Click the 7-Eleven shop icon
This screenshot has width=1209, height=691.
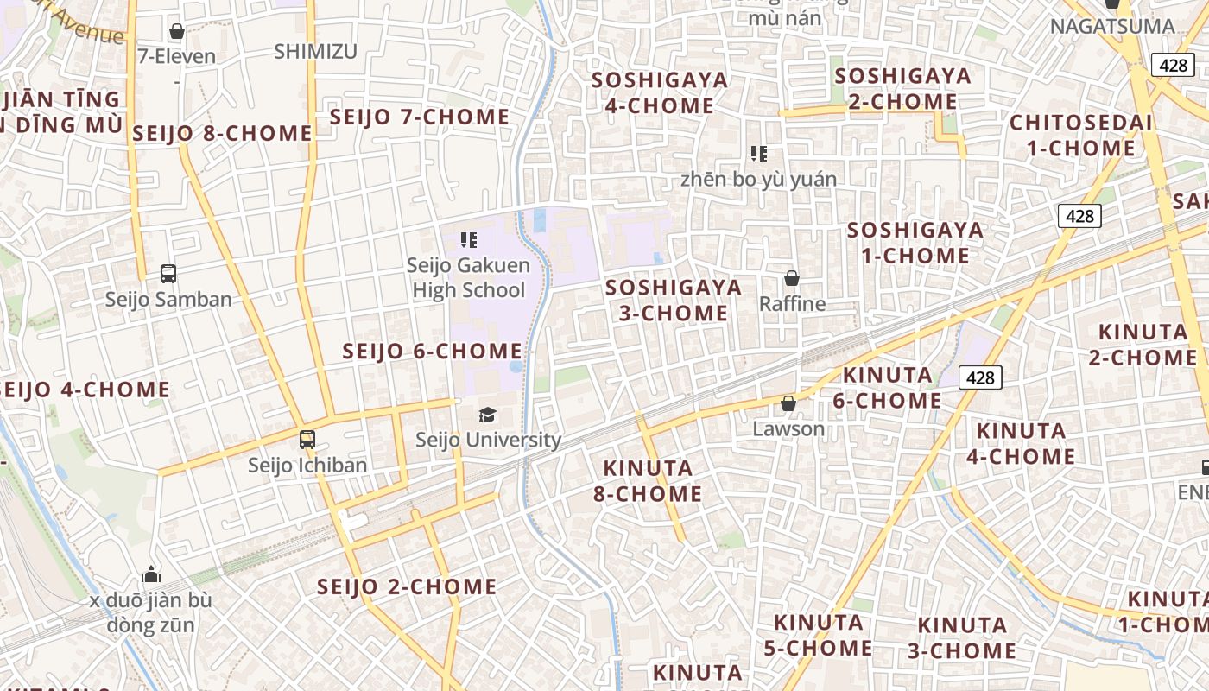[177, 32]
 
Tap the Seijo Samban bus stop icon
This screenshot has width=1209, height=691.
[168, 274]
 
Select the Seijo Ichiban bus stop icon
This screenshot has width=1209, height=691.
[307, 439]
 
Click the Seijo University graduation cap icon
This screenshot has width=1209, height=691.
[488, 415]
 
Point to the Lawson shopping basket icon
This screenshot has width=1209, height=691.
[788, 403]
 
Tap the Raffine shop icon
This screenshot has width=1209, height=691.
[791, 278]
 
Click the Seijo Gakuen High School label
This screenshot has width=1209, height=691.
[468, 277]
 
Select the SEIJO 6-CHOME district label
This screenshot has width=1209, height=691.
[432, 352]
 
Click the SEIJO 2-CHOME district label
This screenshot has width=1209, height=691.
[406, 587]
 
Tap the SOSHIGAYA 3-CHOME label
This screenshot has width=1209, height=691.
[674, 300]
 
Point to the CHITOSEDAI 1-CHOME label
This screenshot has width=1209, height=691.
[1080, 136]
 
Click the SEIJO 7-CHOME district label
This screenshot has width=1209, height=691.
[420, 117]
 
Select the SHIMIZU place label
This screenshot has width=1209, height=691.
[315, 52]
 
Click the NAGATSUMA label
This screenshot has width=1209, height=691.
[1112, 26]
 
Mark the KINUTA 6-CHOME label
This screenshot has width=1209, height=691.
[887, 388]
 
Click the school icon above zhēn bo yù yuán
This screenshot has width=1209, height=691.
[758, 154]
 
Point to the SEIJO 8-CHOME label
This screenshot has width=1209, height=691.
[222, 133]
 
